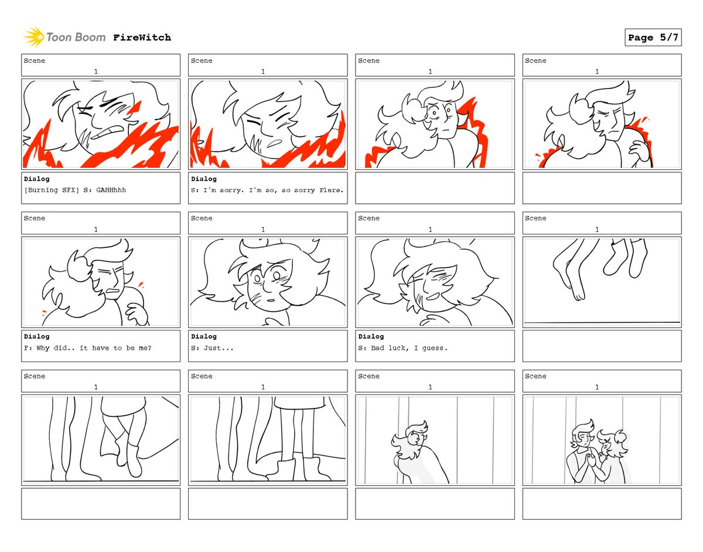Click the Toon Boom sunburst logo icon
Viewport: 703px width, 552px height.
click(x=34, y=37)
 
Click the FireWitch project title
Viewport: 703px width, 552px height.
click(x=142, y=38)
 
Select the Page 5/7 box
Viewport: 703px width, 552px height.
click(x=653, y=38)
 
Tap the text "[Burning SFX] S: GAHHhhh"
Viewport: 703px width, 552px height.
click(x=75, y=190)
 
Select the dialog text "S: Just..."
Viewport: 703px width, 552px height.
click(x=212, y=348)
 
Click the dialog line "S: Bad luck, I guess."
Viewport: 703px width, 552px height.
click(x=403, y=348)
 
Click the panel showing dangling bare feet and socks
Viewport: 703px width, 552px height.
click(x=602, y=281)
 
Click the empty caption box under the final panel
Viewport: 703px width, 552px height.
click(x=602, y=503)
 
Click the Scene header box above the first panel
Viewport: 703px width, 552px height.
click(x=101, y=65)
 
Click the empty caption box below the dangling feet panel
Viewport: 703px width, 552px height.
click(x=602, y=346)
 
